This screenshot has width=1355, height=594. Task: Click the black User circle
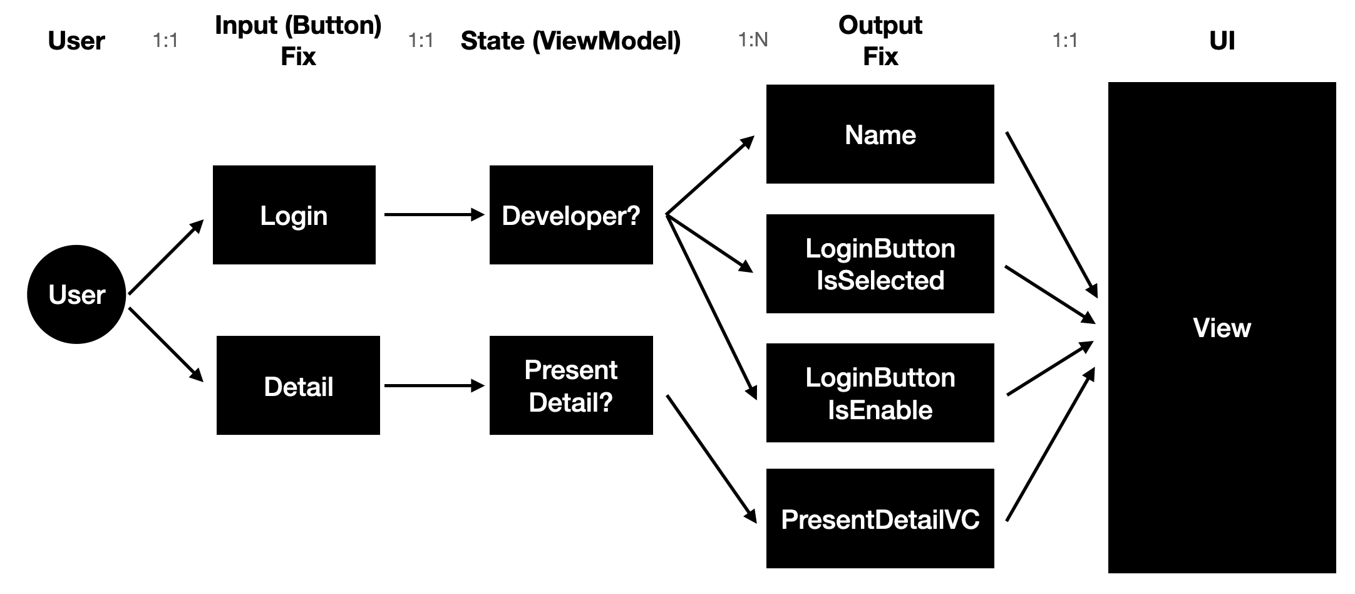click(x=76, y=294)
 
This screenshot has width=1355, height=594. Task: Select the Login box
click(x=294, y=215)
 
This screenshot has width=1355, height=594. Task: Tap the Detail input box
click(x=298, y=385)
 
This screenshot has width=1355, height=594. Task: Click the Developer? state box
click(x=570, y=215)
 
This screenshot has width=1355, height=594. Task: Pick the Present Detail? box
click(x=570, y=385)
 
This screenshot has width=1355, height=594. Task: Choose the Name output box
click(x=880, y=134)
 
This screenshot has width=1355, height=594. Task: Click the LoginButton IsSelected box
click(x=880, y=264)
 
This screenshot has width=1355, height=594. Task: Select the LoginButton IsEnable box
click(x=880, y=393)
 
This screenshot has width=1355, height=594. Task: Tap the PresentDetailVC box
click(x=880, y=519)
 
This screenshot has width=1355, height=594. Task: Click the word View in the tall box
click(x=1222, y=328)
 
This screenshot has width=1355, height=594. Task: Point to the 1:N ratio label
click(x=753, y=40)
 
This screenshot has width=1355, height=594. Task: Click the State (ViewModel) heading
click(x=570, y=41)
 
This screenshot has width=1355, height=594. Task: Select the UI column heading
click(x=1222, y=41)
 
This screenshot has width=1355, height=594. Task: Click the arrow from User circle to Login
click(x=165, y=258)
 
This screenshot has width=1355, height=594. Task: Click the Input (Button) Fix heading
click(x=298, y=41)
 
